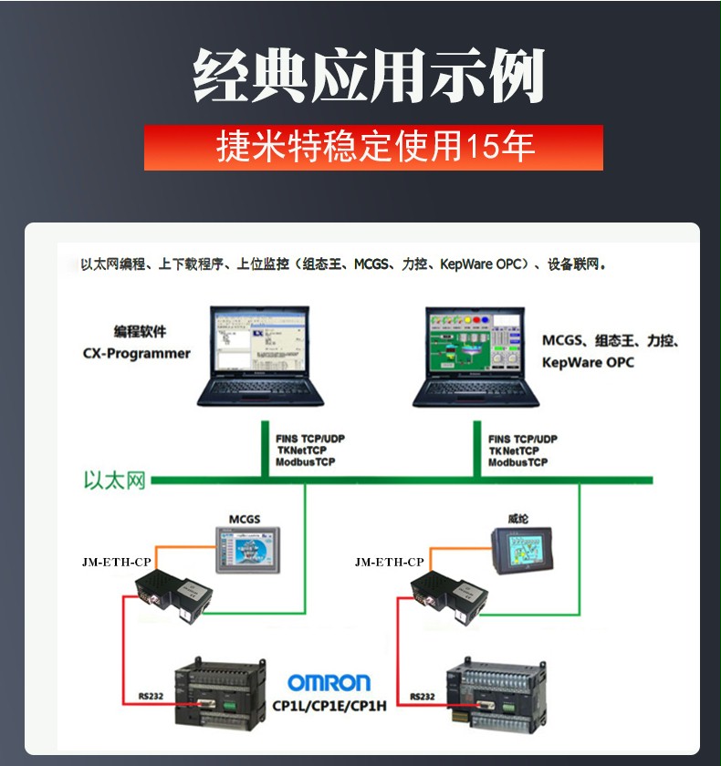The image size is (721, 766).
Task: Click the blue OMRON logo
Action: click(x=329, y=682)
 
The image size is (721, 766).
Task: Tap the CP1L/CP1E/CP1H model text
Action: click(x=329, y=706)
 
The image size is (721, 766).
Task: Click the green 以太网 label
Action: click(x=115, y=481)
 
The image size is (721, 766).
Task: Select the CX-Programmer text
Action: click(x=136, y=354)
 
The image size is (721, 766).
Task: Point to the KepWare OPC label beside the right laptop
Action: click(x=588, y=363)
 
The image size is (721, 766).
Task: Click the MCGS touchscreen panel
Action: click(x=248, y=550)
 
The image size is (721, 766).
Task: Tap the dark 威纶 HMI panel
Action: click(x=522, y=551)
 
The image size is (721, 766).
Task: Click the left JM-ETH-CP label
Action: click(x=117, y=563)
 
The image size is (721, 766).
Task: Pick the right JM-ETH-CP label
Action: click(x=390, y=563)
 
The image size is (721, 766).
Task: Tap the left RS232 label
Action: click(x=151, y=696)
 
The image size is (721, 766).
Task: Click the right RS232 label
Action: click(x=423, y=697)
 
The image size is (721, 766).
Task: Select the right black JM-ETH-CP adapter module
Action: click(x=448, y=597)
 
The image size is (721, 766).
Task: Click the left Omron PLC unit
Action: click(x=221, y=694)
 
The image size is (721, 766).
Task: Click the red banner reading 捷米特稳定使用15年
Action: click(x=373, y=148)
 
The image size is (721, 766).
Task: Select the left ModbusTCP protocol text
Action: click(x=306, y=462)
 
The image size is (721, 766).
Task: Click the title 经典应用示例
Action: click(x=369, y=76)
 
